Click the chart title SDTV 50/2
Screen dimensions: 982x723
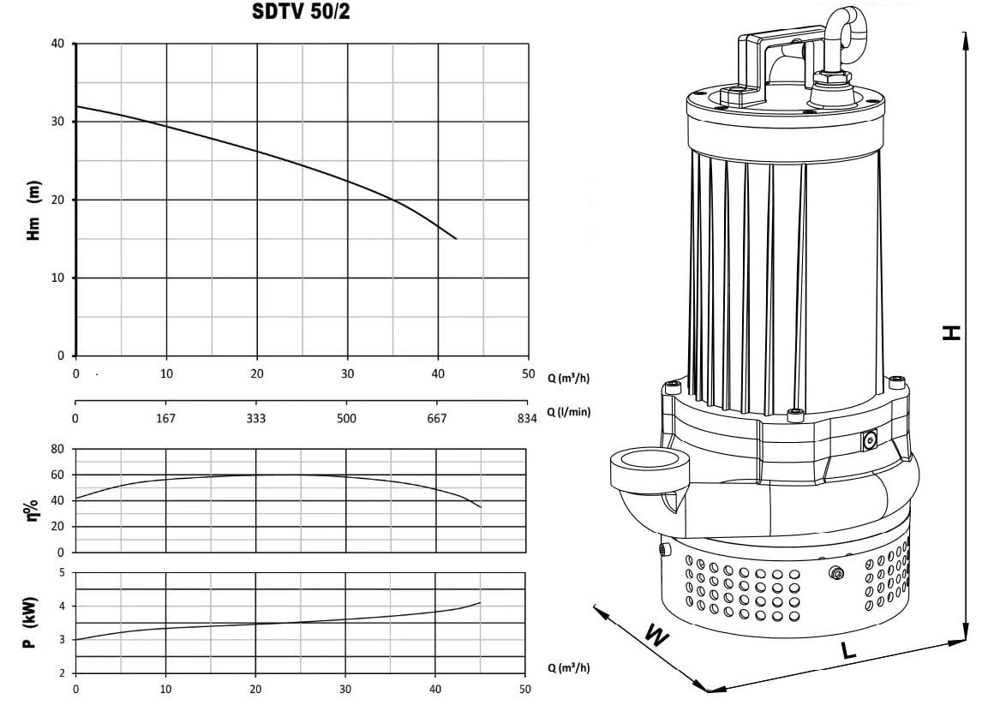point(301,10)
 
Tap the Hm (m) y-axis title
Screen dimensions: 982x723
point(33,211)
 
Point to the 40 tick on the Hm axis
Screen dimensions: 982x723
point(57,44)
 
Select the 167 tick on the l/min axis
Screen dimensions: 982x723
point(165,418)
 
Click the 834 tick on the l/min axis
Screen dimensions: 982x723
point(527,418)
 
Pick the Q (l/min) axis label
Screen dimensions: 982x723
point(569,411)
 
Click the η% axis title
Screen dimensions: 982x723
point(32,511)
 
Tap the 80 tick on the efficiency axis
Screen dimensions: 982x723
point(57,449)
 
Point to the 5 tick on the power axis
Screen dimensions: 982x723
point(62,573)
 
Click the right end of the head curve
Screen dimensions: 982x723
point(456,238)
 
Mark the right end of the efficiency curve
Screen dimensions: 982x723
point(481,506)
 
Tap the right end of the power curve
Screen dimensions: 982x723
point(480,603)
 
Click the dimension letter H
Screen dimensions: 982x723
point(952,332)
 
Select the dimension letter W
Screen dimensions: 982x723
point(656,636)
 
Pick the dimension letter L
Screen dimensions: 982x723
point(847,650)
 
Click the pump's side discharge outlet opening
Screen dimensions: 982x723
point(650,459)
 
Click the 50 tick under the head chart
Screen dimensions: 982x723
point(529,373)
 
